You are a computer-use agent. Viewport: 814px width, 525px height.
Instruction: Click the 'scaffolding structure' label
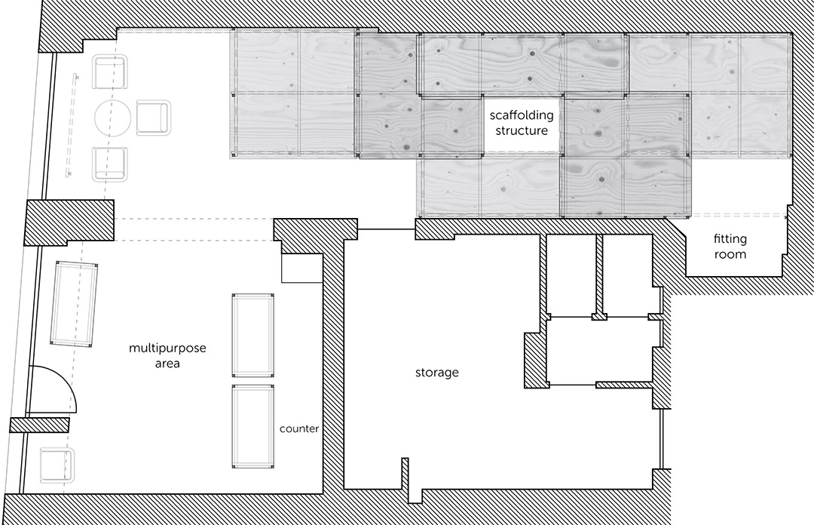point(522,123)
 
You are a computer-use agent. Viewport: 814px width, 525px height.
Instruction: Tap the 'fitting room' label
point(730,247)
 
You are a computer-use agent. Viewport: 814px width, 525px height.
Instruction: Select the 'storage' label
point(437,372)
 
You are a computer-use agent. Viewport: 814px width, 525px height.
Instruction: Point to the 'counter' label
point(299,428)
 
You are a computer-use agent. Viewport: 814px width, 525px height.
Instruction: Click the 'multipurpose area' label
point(167,355)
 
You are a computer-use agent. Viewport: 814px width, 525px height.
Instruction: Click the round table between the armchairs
point(112,118)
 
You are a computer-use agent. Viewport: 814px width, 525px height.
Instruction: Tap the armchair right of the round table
point(154,118)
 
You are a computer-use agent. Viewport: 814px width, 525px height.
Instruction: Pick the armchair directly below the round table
point(110,164)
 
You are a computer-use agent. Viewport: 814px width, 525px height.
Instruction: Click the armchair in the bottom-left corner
point(57,464)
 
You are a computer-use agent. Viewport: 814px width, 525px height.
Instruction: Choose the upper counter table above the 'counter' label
point(253,335)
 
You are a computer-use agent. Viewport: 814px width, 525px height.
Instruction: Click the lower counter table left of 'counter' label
point(253,427)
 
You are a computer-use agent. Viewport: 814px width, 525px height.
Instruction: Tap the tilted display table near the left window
point(74,305)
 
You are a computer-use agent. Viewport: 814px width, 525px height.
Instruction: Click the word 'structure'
point(522,130)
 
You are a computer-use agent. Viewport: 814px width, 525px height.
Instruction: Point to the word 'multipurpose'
point(167,348)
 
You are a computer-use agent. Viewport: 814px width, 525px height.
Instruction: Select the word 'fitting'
point(730,239)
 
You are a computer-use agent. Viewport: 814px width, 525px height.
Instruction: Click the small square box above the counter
point(302,269)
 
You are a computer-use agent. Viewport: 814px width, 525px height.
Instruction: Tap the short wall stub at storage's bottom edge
point(405,473)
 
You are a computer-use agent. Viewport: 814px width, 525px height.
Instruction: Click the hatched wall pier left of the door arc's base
point(39,425)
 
